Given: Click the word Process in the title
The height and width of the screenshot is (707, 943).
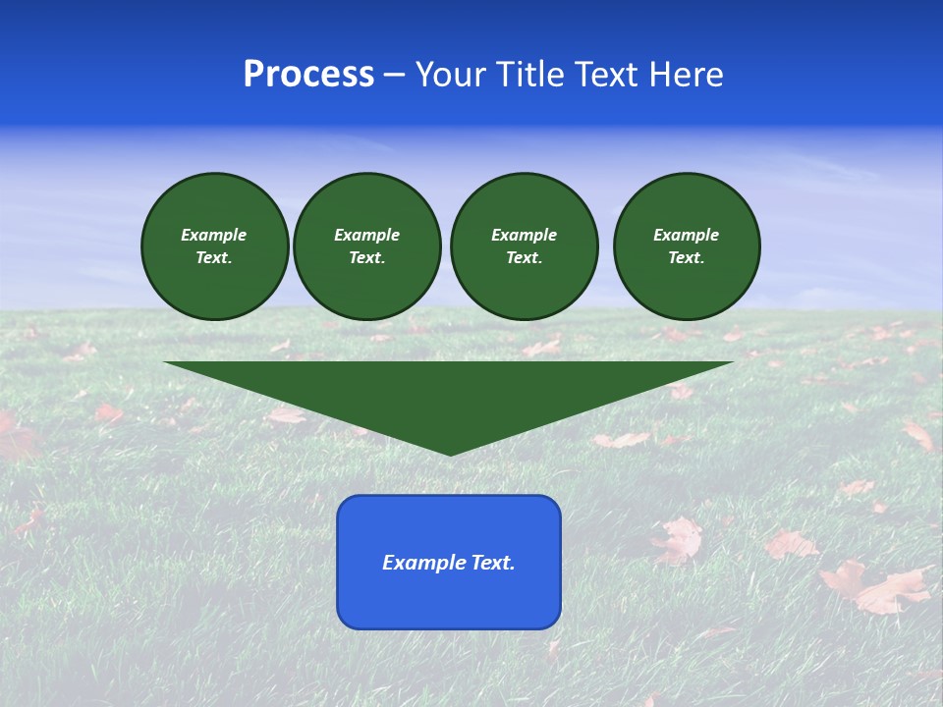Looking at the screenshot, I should [x=308, y=75].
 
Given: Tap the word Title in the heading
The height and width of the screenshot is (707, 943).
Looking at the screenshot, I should [x=527, y=75].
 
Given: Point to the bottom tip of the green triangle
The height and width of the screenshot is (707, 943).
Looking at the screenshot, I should [x=450, y=454].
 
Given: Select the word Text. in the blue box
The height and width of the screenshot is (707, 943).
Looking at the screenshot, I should [x=493, y=563].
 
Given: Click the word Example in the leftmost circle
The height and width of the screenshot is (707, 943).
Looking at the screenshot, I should [x=214, y=235].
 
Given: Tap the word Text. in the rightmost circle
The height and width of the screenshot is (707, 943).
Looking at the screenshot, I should [x=687, y=257].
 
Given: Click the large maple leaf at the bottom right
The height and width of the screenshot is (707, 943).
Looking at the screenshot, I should [x=876, y=586].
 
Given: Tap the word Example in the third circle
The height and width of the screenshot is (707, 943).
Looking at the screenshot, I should [x=525, y=235].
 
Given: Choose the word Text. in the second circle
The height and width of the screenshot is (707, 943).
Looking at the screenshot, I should [x=367, y=257].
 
